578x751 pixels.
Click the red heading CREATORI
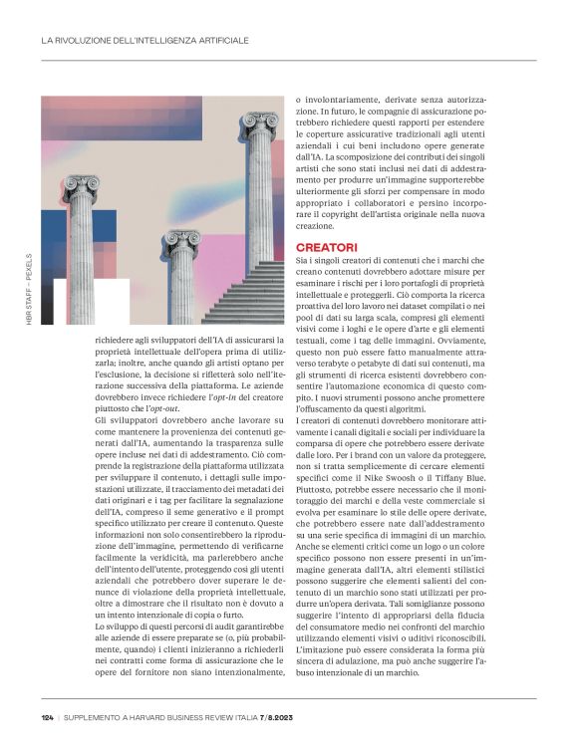(x=326, y=246)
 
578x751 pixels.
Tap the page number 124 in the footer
(x=47, y=717)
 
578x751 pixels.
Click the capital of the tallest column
(x=260, y=122)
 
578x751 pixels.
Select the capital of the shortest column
(x=181, y=239)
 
